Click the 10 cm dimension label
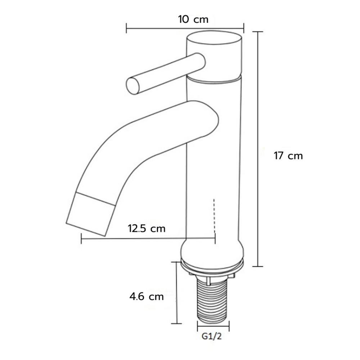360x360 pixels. click(193, 19)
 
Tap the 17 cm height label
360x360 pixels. click(288, 156)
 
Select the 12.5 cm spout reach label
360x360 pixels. click(147, 229)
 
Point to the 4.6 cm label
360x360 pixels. click(147, 297)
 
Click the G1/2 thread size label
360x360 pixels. click(212, 336)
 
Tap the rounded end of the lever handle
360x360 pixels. click(133, 86)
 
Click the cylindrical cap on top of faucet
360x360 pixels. click(215, 56)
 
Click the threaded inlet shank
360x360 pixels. click(213, 298)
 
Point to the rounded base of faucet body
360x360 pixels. click(212, 253)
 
